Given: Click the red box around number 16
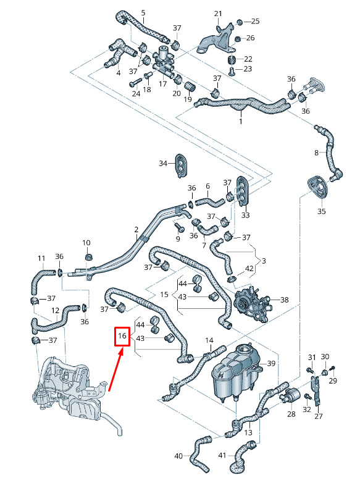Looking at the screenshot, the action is (x=115, y=336).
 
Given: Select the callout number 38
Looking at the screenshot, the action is (x=284, y=300).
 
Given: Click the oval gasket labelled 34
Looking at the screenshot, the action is (x=182, y=166).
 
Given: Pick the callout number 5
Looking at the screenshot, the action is (x=143, y=13).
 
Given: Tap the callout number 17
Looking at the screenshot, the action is (x=163, y=83).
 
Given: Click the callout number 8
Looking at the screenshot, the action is (x=316, y=153).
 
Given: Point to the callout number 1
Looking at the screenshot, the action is (x=240, y=121).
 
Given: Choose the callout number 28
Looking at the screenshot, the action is (x=291, y=414).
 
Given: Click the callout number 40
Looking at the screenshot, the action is (x=178, y=456).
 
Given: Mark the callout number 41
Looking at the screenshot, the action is (x=222, y=455).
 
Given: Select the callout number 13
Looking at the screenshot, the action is (x=248, y=432).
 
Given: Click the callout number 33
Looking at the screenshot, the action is (x=245, y=215).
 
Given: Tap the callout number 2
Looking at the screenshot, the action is (x=136, y=230).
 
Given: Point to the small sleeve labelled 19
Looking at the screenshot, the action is (x=190, y=86).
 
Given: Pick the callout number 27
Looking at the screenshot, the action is (x=319, y=416).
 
